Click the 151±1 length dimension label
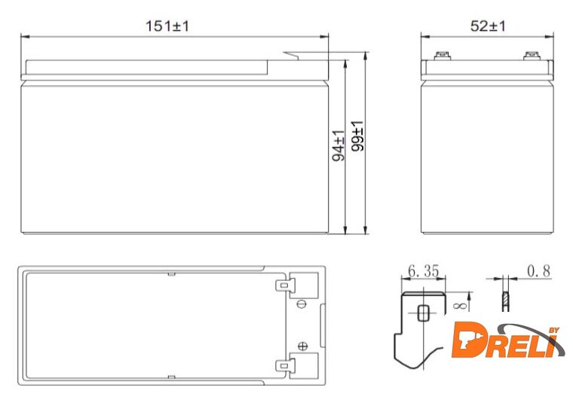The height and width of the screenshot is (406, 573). pyautogui.click(x=167, y=26)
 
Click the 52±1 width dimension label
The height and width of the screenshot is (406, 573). pyautogui.click(x=488, y=26)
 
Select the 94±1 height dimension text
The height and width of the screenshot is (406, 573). pyautogui.click(x=339, y=145)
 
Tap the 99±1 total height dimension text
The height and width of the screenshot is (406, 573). pyautogui.click(x=357, y=136)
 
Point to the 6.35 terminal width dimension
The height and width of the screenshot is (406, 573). pyautogui.click(x=423, y=271)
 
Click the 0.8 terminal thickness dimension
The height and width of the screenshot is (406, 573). pyautogui.click(x=538, y=271)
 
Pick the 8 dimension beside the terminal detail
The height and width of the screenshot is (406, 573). pyautogui.click(x=459, y=305)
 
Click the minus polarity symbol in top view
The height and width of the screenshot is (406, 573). pyautogui.click(x=302, y=304)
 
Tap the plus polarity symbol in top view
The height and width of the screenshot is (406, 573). pyautogui.click(x=303, y=346)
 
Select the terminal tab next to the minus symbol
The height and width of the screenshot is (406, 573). pyautogui.click(x=285, y=285)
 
